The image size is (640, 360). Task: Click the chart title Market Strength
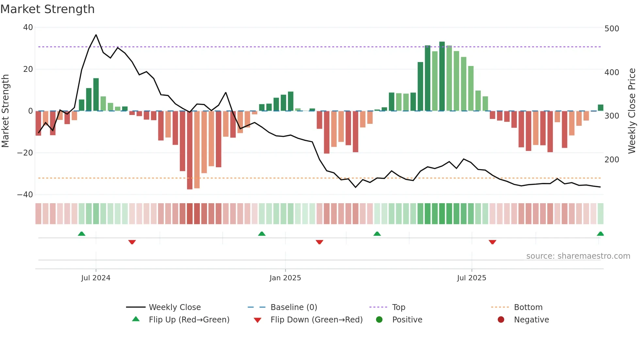pyautogui.click(x=47, y=9)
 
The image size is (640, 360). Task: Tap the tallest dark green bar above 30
pyautogui.click(x=442, y=76)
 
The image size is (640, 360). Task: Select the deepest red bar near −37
pyautogui.click(x=190, y=150)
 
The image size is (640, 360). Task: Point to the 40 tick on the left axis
pyautogui.click(x=28, y=27)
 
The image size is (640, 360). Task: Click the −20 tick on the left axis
pyautogui.click(x=25, y=153)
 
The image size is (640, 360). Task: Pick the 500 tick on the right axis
pyautogui.click(x=612, y=29)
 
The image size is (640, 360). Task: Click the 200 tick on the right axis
pyautogui.click(x=612, y=160)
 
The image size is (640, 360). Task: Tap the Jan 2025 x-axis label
pyautogui.click(x=285, y=278)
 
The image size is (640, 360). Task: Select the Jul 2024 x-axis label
pyautogui.click(x=96, y=278)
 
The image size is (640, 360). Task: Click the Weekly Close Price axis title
pyautogui.click(x=632, y=111)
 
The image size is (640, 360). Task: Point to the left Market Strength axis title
pyautogui.click(x=6, y=111)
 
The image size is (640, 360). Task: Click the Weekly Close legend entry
pyautogui.click(x=174, y=307)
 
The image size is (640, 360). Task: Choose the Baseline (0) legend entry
pyautogui.click(x=294, y=307)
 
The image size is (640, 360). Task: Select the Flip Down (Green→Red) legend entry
pyautogui.click(x=316, y=320)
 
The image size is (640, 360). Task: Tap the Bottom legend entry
pyautogui.click(x=528, y=307)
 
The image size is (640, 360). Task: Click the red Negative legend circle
pyautogui.click(x=501, y=319)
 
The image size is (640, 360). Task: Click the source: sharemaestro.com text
pyautogui.click(x=578, y=256)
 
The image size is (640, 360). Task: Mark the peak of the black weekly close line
pyautogui.click(x=96, y=35)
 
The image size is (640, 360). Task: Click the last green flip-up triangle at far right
pyautogui.click(x=600, y=234)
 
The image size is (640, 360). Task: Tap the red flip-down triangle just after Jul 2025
pyautogui.click(x=492, y=242)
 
